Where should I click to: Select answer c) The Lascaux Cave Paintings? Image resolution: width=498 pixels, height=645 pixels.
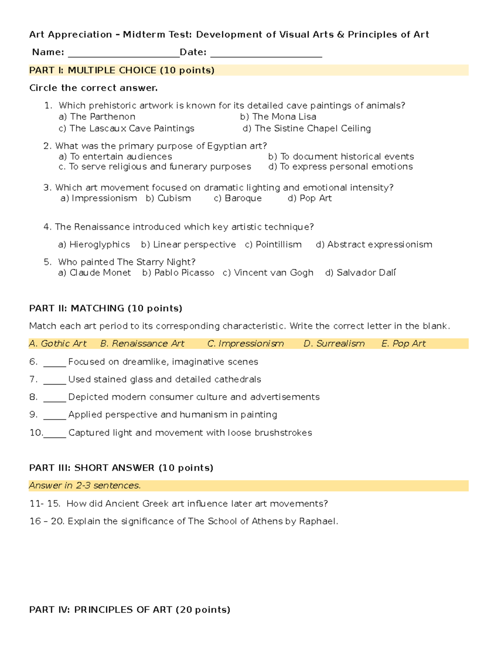click(127, 128)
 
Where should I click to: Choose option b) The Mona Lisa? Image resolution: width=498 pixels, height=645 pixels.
click(278, 117)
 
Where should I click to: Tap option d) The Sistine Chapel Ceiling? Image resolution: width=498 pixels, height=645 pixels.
click(307, 128)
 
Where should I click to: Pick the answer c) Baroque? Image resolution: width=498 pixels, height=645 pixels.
click(238, 199)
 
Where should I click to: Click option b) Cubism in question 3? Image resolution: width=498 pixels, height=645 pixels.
click(168, 199)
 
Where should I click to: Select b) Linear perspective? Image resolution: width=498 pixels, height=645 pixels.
click(188, 245)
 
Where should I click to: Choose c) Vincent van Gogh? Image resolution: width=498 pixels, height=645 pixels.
click(268, 273)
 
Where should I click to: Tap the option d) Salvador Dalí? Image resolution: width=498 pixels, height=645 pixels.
click(361, 273)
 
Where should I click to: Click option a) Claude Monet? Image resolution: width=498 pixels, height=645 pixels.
click(95, 273)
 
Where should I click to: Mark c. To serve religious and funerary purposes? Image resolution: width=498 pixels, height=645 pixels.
click(155, 167)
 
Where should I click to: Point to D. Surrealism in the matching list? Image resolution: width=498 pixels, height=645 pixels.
click(334, 344)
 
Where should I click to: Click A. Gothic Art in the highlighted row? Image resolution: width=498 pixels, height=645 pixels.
click(58, 344)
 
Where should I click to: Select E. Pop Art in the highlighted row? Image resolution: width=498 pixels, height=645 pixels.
click(403, 344)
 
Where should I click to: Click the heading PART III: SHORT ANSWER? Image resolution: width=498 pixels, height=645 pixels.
click(121, 468)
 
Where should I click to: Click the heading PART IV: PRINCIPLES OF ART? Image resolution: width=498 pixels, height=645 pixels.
click(129, 610)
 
